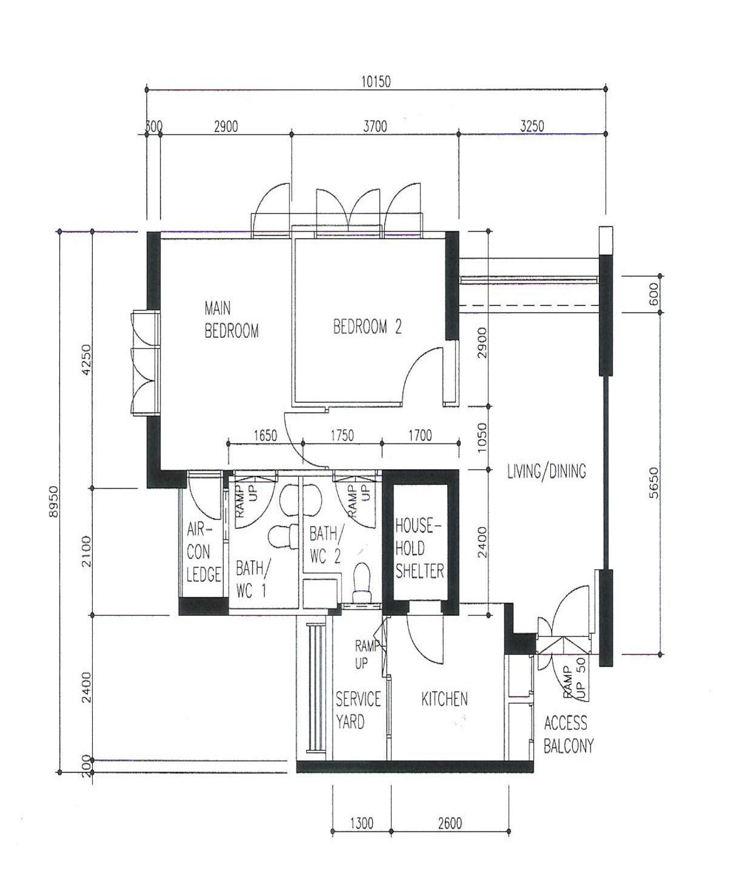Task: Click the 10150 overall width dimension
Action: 375,81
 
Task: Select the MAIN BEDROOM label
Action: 231,320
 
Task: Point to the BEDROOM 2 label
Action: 367,327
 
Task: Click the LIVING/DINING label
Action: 547,471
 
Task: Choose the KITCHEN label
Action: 444,699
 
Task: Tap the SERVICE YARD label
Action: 358,710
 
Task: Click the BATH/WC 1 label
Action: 252,579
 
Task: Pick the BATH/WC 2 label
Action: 326,545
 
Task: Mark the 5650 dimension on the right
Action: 654,482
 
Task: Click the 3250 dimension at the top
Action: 532,126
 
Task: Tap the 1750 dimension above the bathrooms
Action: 342,435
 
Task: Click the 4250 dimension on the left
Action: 86,360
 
